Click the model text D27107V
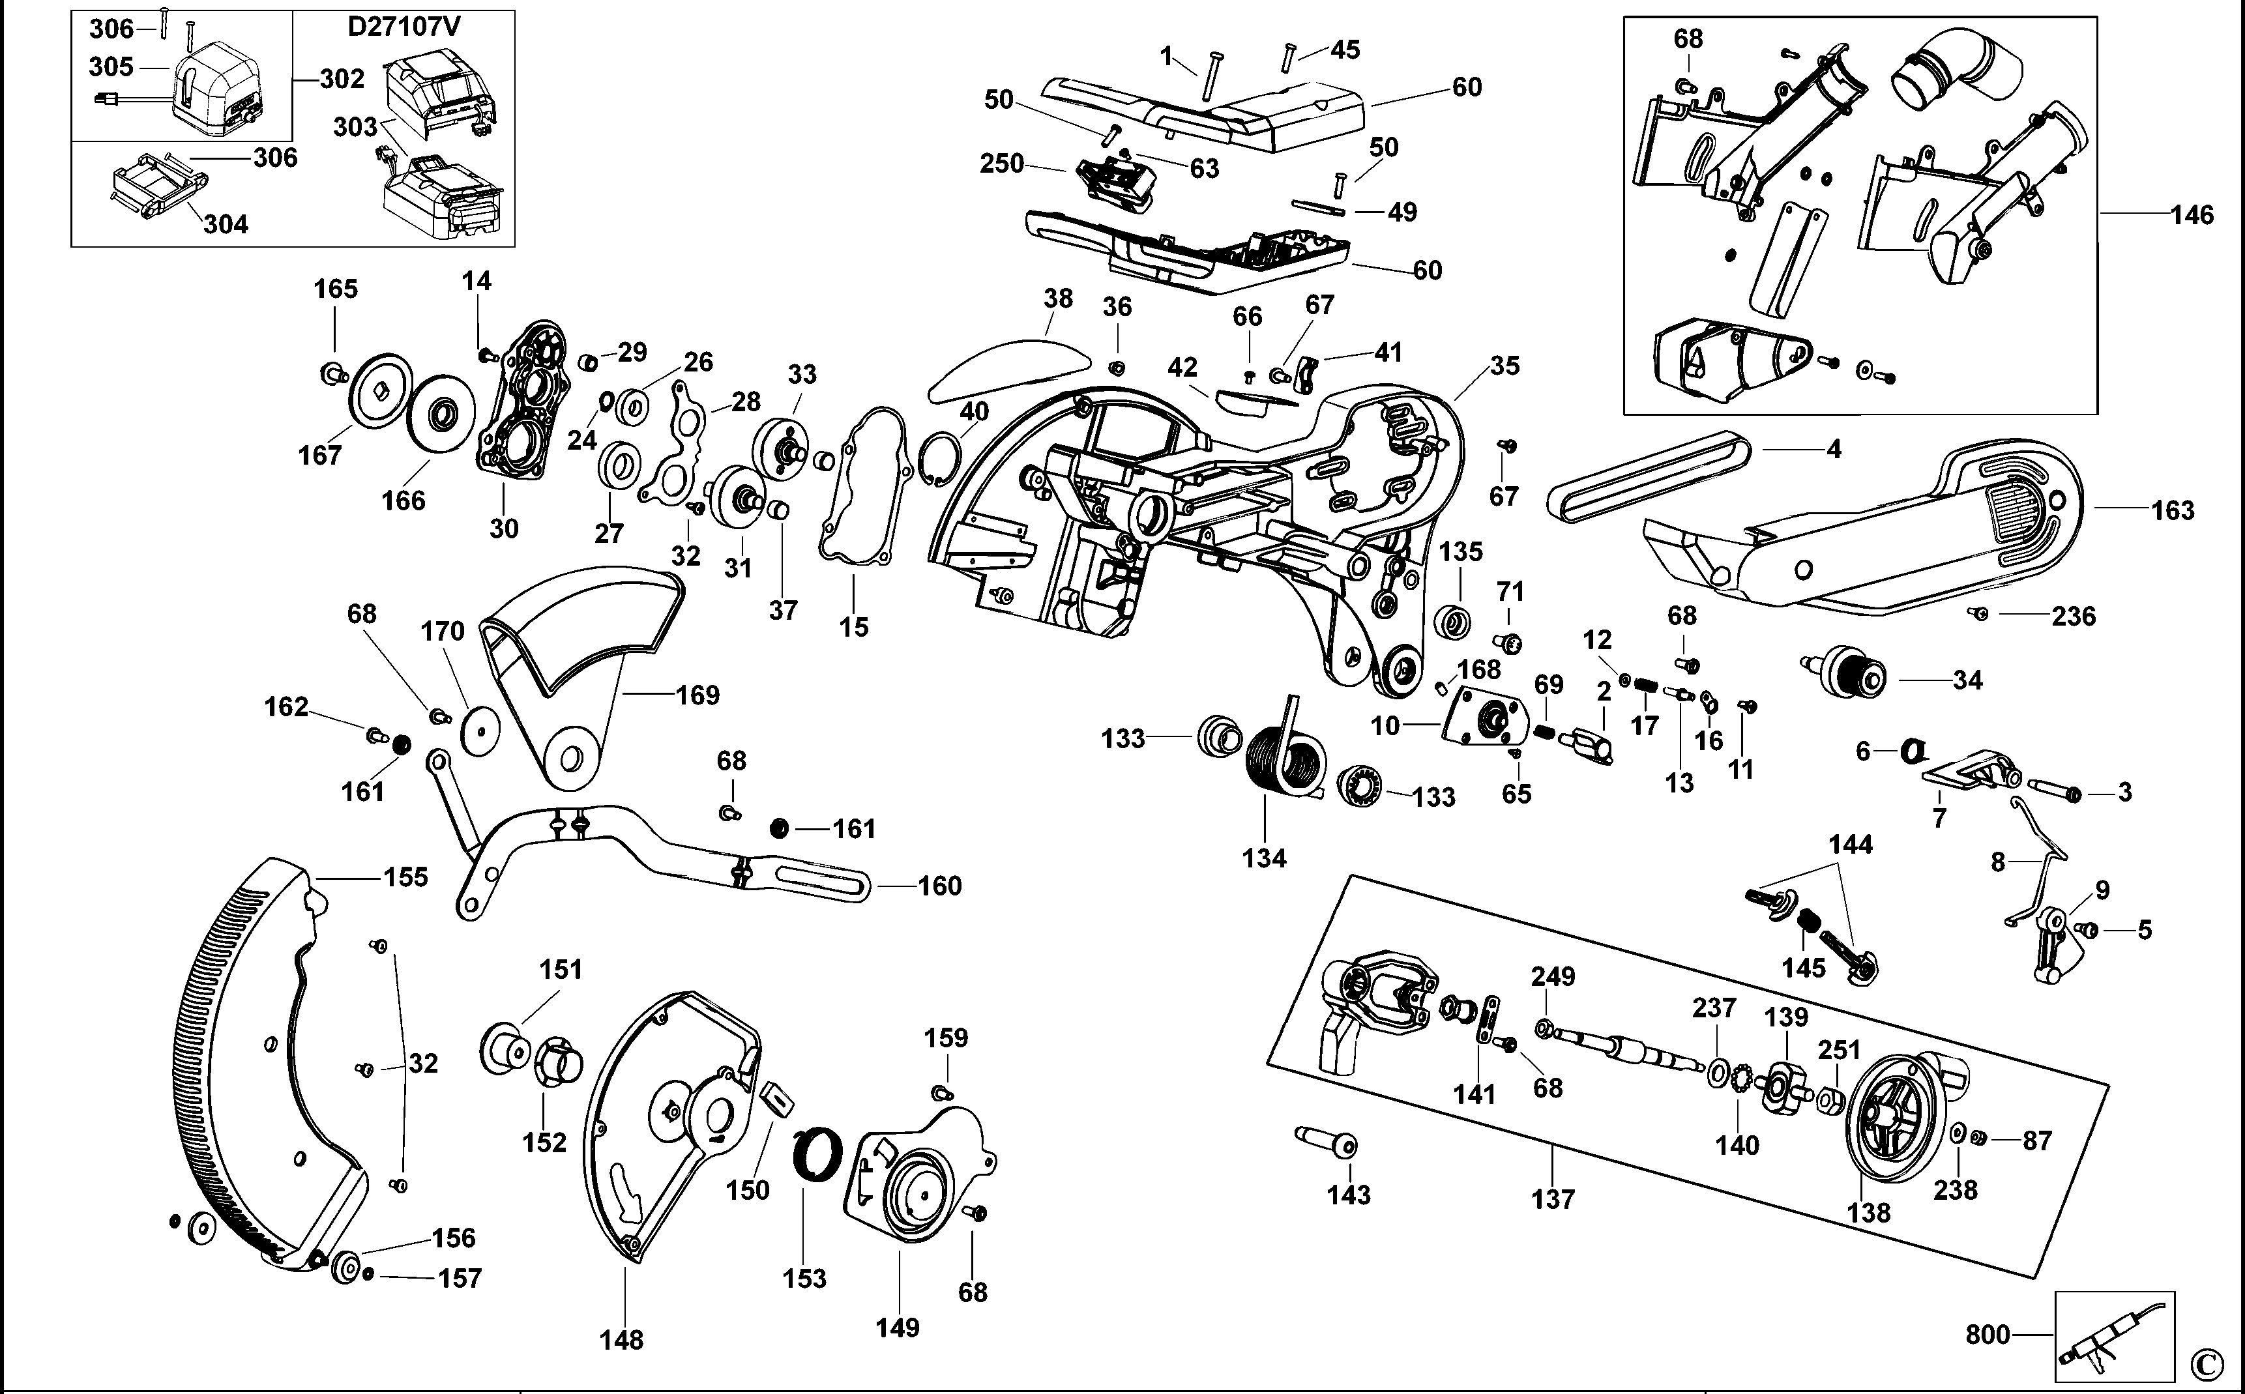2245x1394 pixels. (x=404, y=27)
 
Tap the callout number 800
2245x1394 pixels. (x=1987, y=1335)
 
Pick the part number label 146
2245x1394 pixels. (x=2192, y=215)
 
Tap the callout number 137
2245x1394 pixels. (x=1553, y=1200)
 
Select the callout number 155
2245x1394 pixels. (x=407, y=877)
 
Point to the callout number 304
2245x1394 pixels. (x=226, y=224)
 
